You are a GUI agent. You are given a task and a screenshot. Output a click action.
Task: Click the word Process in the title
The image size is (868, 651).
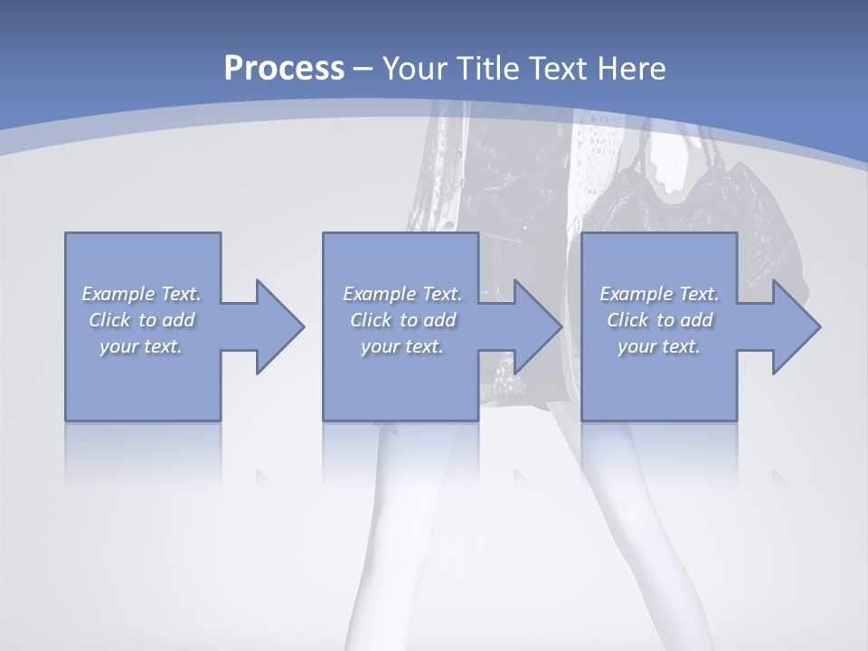coord(284,69)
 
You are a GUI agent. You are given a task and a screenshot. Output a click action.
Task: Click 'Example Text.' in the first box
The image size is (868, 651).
coord(141,294)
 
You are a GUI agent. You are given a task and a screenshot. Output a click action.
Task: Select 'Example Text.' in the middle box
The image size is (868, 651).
coord(401,294)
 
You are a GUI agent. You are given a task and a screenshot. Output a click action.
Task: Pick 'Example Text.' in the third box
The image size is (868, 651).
coord(659,294)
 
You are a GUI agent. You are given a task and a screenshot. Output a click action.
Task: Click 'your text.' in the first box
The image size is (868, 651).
coord(141,346)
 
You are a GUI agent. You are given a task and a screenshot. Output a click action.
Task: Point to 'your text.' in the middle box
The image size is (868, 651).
coord(401,346)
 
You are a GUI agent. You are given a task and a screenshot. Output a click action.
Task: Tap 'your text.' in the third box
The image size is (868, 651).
coord(659,346)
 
